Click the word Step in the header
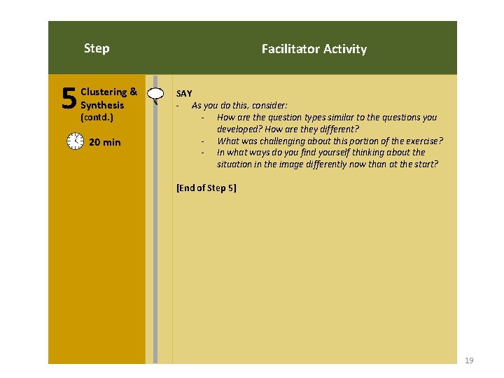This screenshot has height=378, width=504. click(x=97, y=48)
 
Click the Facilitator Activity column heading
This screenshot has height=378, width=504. click(x=314, y=49)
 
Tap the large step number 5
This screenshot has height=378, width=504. click(x=69, y=99)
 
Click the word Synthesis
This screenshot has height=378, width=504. click(x=102, y=105)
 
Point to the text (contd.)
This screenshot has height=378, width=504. click(x=97, y=118)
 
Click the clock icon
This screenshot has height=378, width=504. click(x=75, y=141)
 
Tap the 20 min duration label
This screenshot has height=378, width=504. click(x=105, y=142)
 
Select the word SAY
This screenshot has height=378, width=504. click(x=184, y=93)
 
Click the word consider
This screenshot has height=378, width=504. click(x=280, y=106)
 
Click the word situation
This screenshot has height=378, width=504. click(x=237, y=164)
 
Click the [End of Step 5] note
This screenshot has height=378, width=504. click(x=206, y=188)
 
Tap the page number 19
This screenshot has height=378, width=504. click(x=469, y=360)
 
